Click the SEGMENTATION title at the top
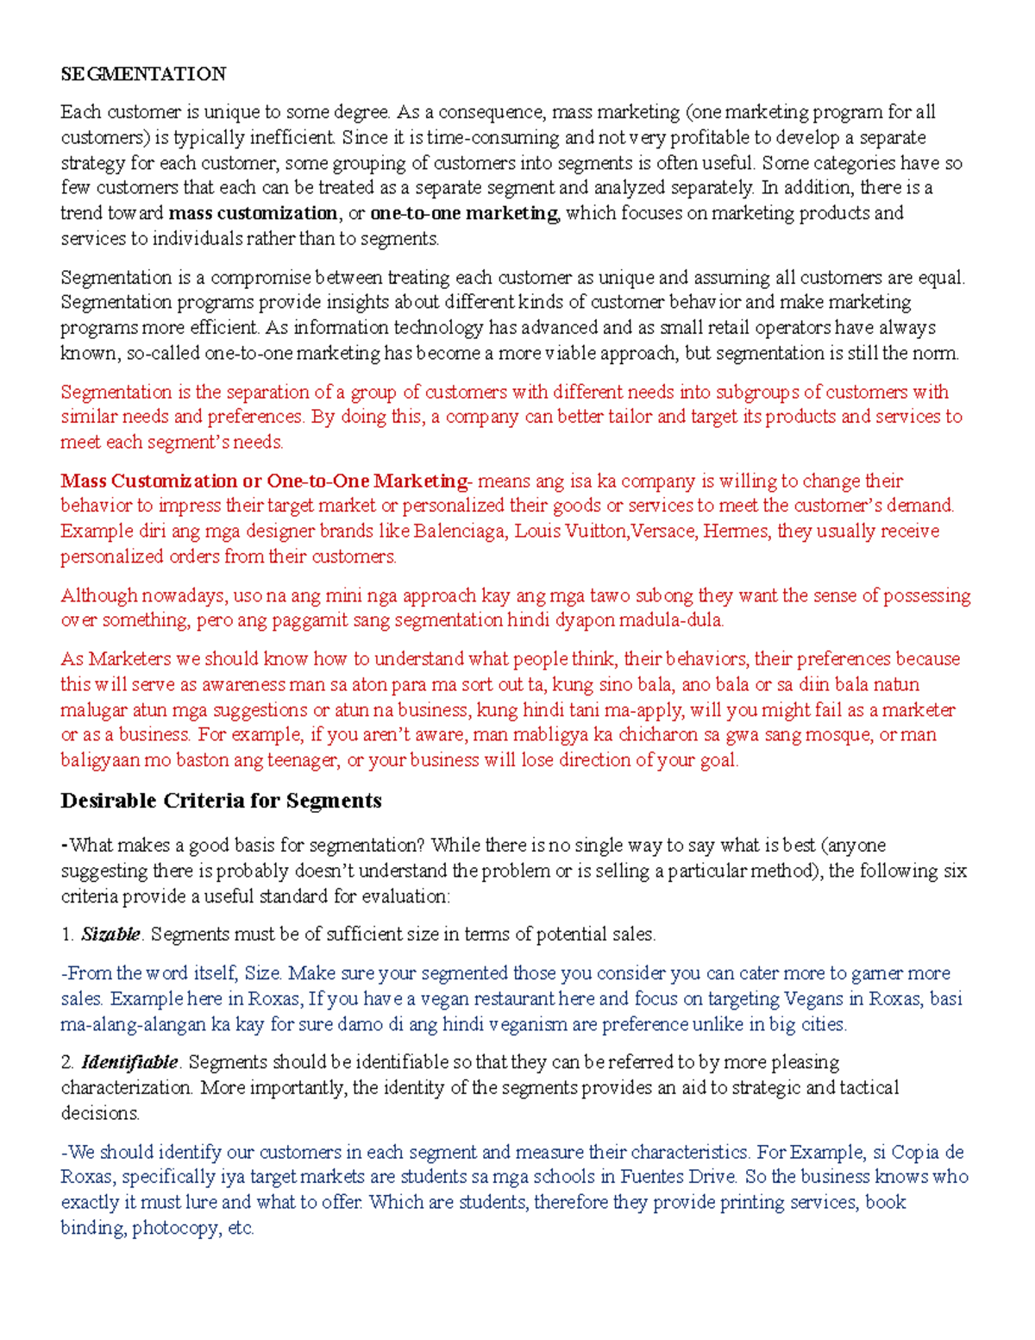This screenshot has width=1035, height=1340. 143,74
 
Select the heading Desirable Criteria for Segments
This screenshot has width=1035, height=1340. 221,801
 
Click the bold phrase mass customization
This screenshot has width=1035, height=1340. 253,213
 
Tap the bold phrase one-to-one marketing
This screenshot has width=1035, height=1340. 464,213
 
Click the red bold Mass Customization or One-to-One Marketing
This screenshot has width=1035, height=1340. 263,481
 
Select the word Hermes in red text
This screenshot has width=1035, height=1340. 736,531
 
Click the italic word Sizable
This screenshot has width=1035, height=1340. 110,934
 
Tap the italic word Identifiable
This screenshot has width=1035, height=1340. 129,1062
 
